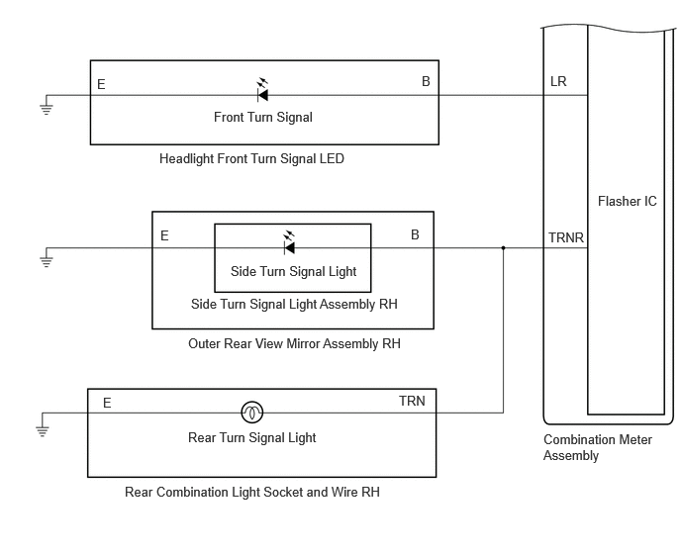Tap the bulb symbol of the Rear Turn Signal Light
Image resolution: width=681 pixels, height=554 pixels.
[x=251, y=412]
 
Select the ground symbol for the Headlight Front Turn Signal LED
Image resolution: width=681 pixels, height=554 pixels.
[x=47, y=108]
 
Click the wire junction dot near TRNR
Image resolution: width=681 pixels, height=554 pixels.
[x=504, y=248]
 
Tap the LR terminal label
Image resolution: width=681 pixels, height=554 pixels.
[x=558, y=82]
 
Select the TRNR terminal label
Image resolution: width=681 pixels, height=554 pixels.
[x=566, y=238]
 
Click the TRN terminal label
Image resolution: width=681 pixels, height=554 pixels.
[x=412, y=401]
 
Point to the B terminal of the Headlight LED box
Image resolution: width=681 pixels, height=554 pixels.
[x=426, y=81]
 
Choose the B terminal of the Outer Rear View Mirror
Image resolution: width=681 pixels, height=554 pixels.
[x=415, y=234]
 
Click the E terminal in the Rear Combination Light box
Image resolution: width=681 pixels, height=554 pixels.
[x=107, y=403]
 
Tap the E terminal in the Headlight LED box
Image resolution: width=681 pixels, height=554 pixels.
[x=101, y=84]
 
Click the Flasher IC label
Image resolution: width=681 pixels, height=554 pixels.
[x=628, y=202]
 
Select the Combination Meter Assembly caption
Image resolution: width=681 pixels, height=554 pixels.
[x=598, y=447]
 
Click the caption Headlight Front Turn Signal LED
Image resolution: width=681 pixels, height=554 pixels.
[x=251, y=159]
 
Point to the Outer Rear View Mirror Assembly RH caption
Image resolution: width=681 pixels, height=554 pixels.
[x=294, y=344]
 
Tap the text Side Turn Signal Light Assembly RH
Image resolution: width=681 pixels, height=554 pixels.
[x=294, y=304]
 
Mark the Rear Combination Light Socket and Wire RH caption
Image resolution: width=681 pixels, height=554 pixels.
[x=251, y=493]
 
